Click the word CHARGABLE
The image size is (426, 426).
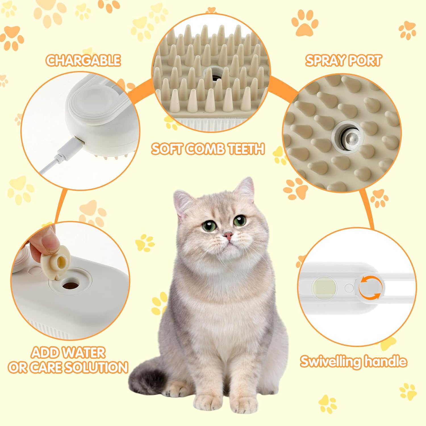tap(83, 60)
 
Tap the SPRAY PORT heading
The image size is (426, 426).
tap(343, 60)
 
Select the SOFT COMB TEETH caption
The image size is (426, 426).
tap(208, 149)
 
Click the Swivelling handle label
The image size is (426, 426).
tap(354, 361)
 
